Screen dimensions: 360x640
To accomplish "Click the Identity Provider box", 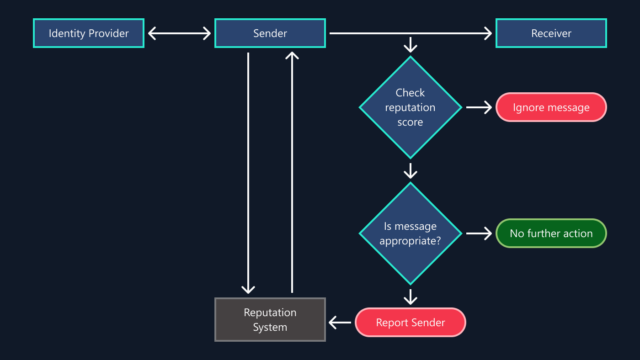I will click(87, 34).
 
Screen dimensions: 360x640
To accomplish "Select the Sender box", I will click(270, 34).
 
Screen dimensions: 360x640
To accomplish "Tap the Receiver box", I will click(550, 34).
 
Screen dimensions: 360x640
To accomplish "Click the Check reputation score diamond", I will click(410, 107).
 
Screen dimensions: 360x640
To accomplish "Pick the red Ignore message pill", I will click(551, 107).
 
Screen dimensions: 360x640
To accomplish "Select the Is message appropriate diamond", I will click(410, 234).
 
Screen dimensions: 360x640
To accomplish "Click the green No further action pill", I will click(551, 234).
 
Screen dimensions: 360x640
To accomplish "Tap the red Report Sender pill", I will click(411, 322).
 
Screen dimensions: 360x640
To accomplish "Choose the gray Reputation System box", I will click(270, 320).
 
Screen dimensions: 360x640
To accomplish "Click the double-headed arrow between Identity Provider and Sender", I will click(180, 34).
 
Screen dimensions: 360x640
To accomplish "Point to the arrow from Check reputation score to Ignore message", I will click(478, 107).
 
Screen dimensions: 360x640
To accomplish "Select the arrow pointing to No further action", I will click(478, 234).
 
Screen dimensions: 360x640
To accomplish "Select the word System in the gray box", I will click(270, 327).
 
